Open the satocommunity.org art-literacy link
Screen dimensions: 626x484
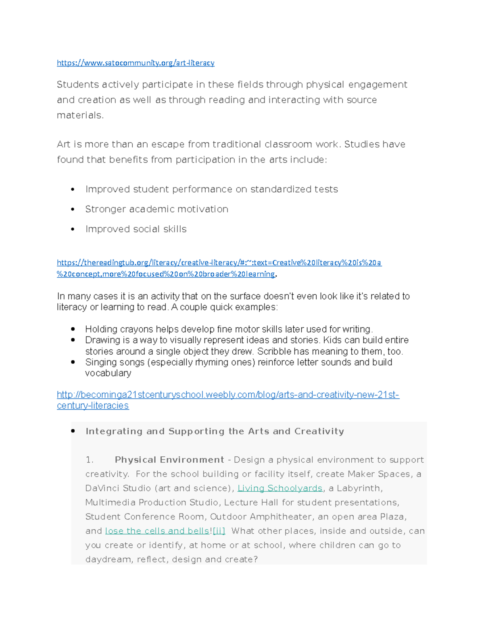click(136, 63)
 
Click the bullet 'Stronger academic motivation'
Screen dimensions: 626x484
click(156, 209)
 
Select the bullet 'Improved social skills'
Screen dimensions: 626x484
click(136, 229)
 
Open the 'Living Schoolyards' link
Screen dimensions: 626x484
click(280, 488)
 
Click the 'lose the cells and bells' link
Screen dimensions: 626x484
click(157, 531)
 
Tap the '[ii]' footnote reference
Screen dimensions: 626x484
click(219, 531)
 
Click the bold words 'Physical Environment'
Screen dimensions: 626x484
click(169, 460)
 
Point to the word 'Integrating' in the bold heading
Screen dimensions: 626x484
click(114, 431)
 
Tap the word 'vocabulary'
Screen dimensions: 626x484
click(108, 373)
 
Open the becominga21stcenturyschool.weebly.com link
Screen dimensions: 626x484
click(228, 395)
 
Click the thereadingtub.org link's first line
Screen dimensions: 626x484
click(219, 263)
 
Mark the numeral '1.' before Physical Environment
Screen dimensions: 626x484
click(90, 460)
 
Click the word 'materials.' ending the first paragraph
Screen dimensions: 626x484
click(80, 115)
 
